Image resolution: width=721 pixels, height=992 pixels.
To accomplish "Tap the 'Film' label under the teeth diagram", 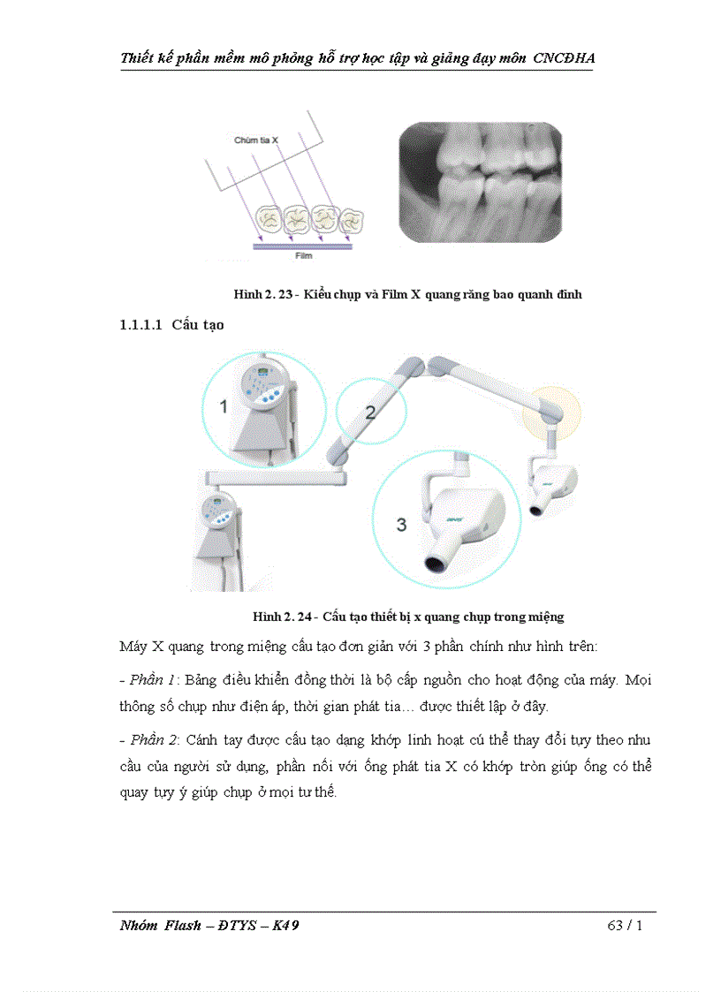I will pos(303,256).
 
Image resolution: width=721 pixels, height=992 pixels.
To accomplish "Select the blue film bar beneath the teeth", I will pos(303,246).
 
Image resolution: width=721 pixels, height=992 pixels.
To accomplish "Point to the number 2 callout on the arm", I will pos(370,412).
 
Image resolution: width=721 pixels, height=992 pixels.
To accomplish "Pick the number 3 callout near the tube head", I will pos(401,524).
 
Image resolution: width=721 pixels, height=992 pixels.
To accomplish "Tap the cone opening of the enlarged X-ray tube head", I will pos(436,563).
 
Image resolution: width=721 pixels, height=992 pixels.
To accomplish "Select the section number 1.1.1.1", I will pos(140,325).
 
